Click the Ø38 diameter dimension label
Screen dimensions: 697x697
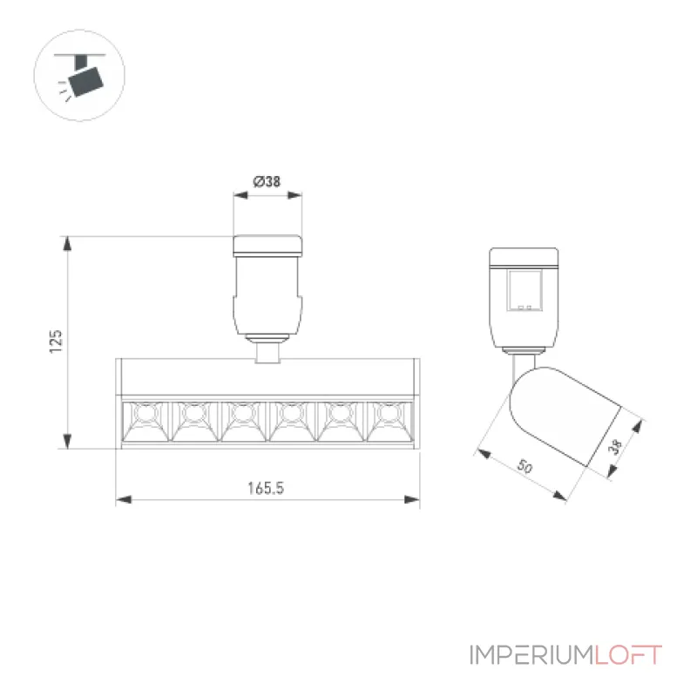coord(267,181)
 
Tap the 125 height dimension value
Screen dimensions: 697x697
coord(56,342)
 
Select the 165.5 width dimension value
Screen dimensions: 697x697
coord(266,488)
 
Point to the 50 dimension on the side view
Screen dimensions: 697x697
coord(525,466)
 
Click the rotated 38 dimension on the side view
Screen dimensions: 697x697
coord(616,447)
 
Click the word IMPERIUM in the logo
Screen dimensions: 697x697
coord(531,655)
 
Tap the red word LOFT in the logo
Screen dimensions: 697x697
coord(628,655)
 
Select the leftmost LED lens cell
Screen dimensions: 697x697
coord(145,422)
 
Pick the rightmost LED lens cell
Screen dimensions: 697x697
coord(389,422)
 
